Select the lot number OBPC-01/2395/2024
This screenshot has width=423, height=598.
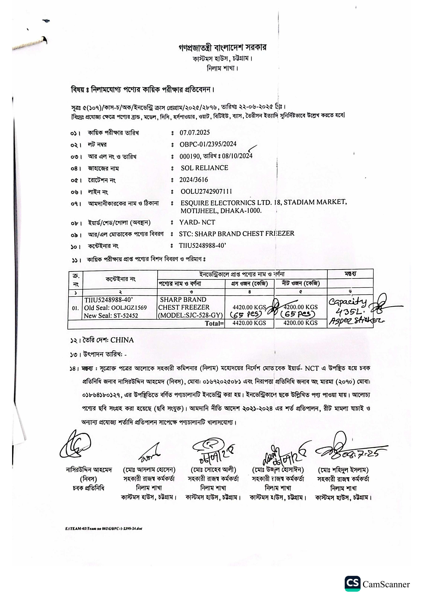(208, 144)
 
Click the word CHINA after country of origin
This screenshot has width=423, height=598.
(122, 340)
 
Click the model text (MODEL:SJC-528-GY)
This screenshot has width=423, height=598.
(190, 315)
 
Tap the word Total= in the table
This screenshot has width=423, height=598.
(214, 323)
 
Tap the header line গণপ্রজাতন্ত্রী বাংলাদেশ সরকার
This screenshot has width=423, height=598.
(222, 48)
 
